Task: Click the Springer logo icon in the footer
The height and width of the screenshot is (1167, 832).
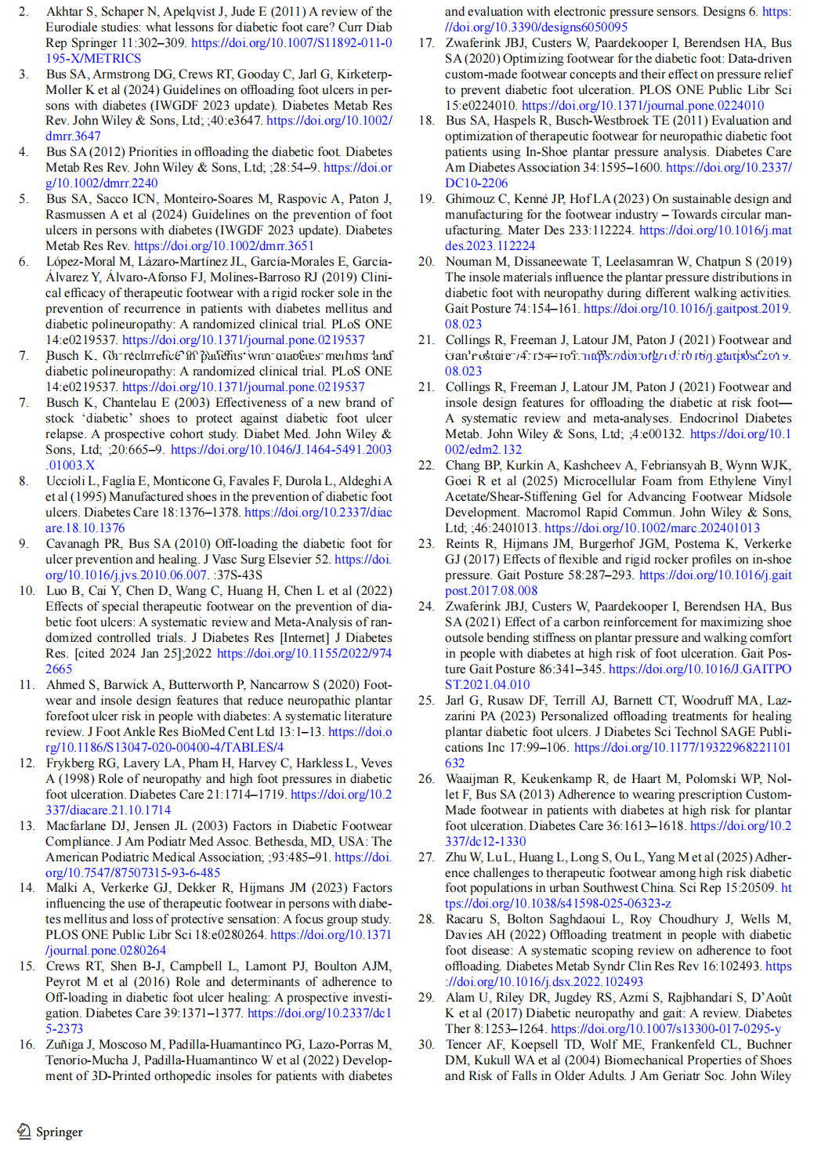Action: tap(24, 1131)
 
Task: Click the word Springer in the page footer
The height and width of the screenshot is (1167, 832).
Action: tap(60, 1132)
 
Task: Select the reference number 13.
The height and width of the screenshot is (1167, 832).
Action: tap(27, 825)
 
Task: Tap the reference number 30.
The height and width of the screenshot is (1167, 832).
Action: tap(426, 1044)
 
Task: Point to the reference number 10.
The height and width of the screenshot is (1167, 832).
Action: tap(27, 590)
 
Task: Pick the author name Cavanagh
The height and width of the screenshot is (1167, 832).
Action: tap(73, 543)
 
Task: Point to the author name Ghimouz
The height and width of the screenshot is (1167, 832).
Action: tap(471, 198)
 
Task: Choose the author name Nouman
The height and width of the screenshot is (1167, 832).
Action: tap(468, 261)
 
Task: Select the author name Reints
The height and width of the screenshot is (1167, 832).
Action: tap(463, 543)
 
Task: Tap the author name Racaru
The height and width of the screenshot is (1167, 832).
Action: tap(465, 919)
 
